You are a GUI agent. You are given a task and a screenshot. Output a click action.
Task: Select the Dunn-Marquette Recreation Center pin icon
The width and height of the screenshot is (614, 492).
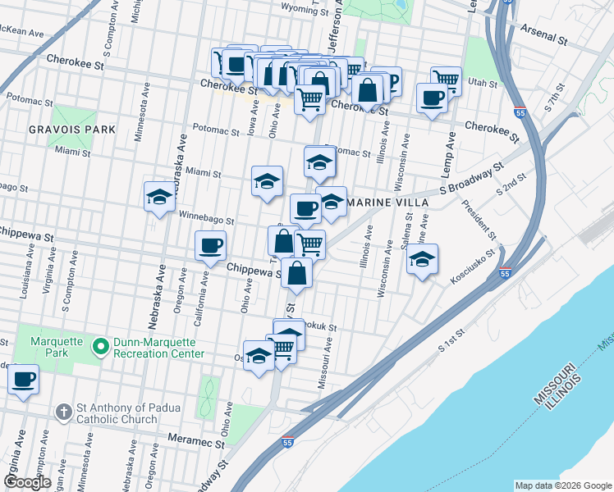point(101,348)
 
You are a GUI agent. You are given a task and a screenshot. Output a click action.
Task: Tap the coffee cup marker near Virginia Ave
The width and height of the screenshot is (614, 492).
point(24,379)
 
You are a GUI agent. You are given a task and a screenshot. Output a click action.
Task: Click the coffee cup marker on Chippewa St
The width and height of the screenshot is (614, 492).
point(211,245)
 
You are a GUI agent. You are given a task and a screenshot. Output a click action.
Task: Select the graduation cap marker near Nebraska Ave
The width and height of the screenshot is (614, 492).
point(159,197)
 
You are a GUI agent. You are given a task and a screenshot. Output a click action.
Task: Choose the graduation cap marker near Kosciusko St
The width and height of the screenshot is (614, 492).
point(423,259)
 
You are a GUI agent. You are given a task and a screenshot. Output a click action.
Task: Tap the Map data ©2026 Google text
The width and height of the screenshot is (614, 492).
point(562,485)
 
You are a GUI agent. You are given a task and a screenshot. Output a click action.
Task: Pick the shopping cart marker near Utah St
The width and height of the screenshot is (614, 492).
point(446,80)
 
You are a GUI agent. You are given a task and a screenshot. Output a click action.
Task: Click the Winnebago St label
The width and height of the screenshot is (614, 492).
point(207,221)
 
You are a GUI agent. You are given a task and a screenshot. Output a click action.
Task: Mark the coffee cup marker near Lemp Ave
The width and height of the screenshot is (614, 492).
point(432,98)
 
